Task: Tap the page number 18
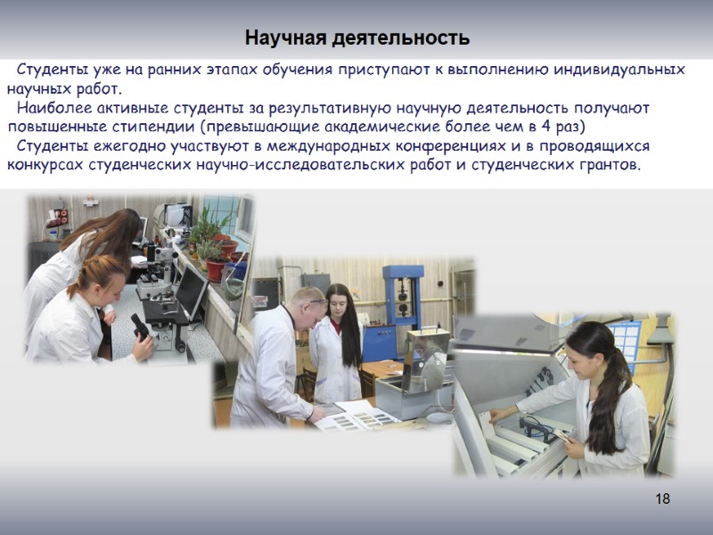661,498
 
